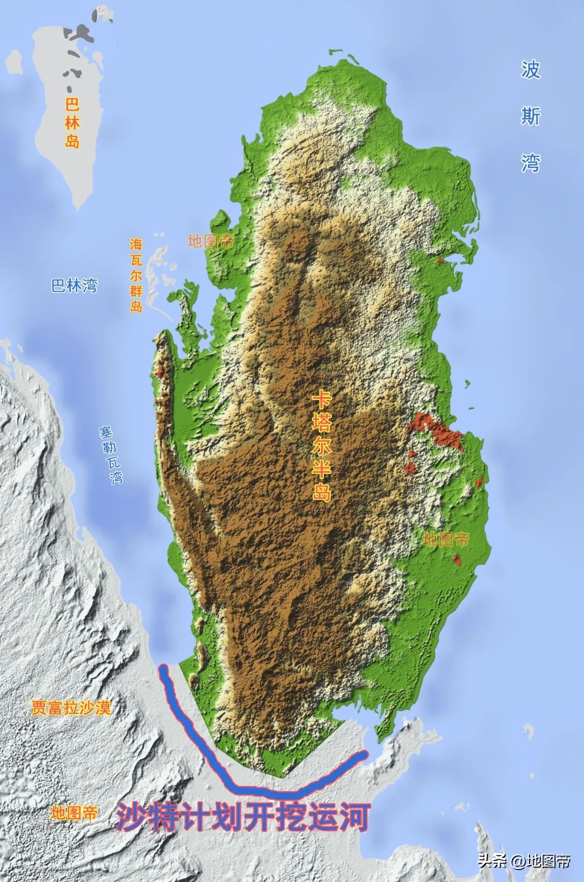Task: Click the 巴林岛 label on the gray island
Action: coord(72,123)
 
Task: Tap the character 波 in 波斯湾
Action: coord(530,70)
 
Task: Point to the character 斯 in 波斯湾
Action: coord(530,116)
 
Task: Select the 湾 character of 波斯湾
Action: coord(530,163)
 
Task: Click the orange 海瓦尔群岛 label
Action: coord(136,275)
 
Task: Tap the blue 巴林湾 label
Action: coord(75,285)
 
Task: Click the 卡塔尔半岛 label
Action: coord(322,447)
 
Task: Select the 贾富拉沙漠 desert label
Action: coord(71,707)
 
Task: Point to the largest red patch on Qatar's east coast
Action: coord(435,430)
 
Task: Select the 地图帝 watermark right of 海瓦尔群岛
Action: coord(210,241)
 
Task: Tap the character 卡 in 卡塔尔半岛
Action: coord(322,400)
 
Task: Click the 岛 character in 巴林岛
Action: coord(72,142)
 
